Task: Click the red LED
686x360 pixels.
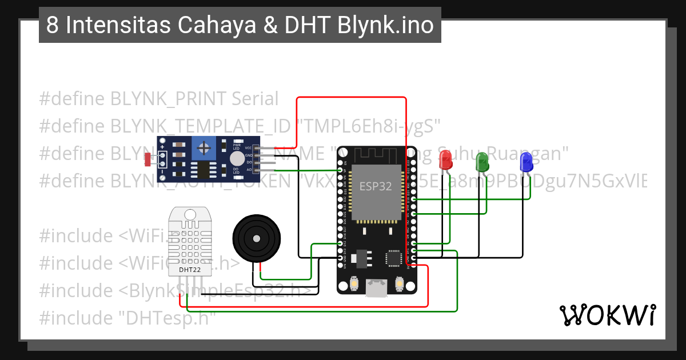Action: point(445,160)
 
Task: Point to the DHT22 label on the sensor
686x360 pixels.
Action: point(189,269)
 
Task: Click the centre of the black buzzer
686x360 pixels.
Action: point(257,238)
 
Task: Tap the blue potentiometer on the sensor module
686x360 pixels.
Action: point(204,149)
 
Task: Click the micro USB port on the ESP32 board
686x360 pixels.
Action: point(376,287)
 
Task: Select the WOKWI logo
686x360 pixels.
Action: point(607,315)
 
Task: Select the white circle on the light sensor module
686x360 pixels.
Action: point(236,158)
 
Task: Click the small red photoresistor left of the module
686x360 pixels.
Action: point(149,159)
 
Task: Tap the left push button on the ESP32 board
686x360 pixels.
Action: point(354,283)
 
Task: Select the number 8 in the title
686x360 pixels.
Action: point(52,26)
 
